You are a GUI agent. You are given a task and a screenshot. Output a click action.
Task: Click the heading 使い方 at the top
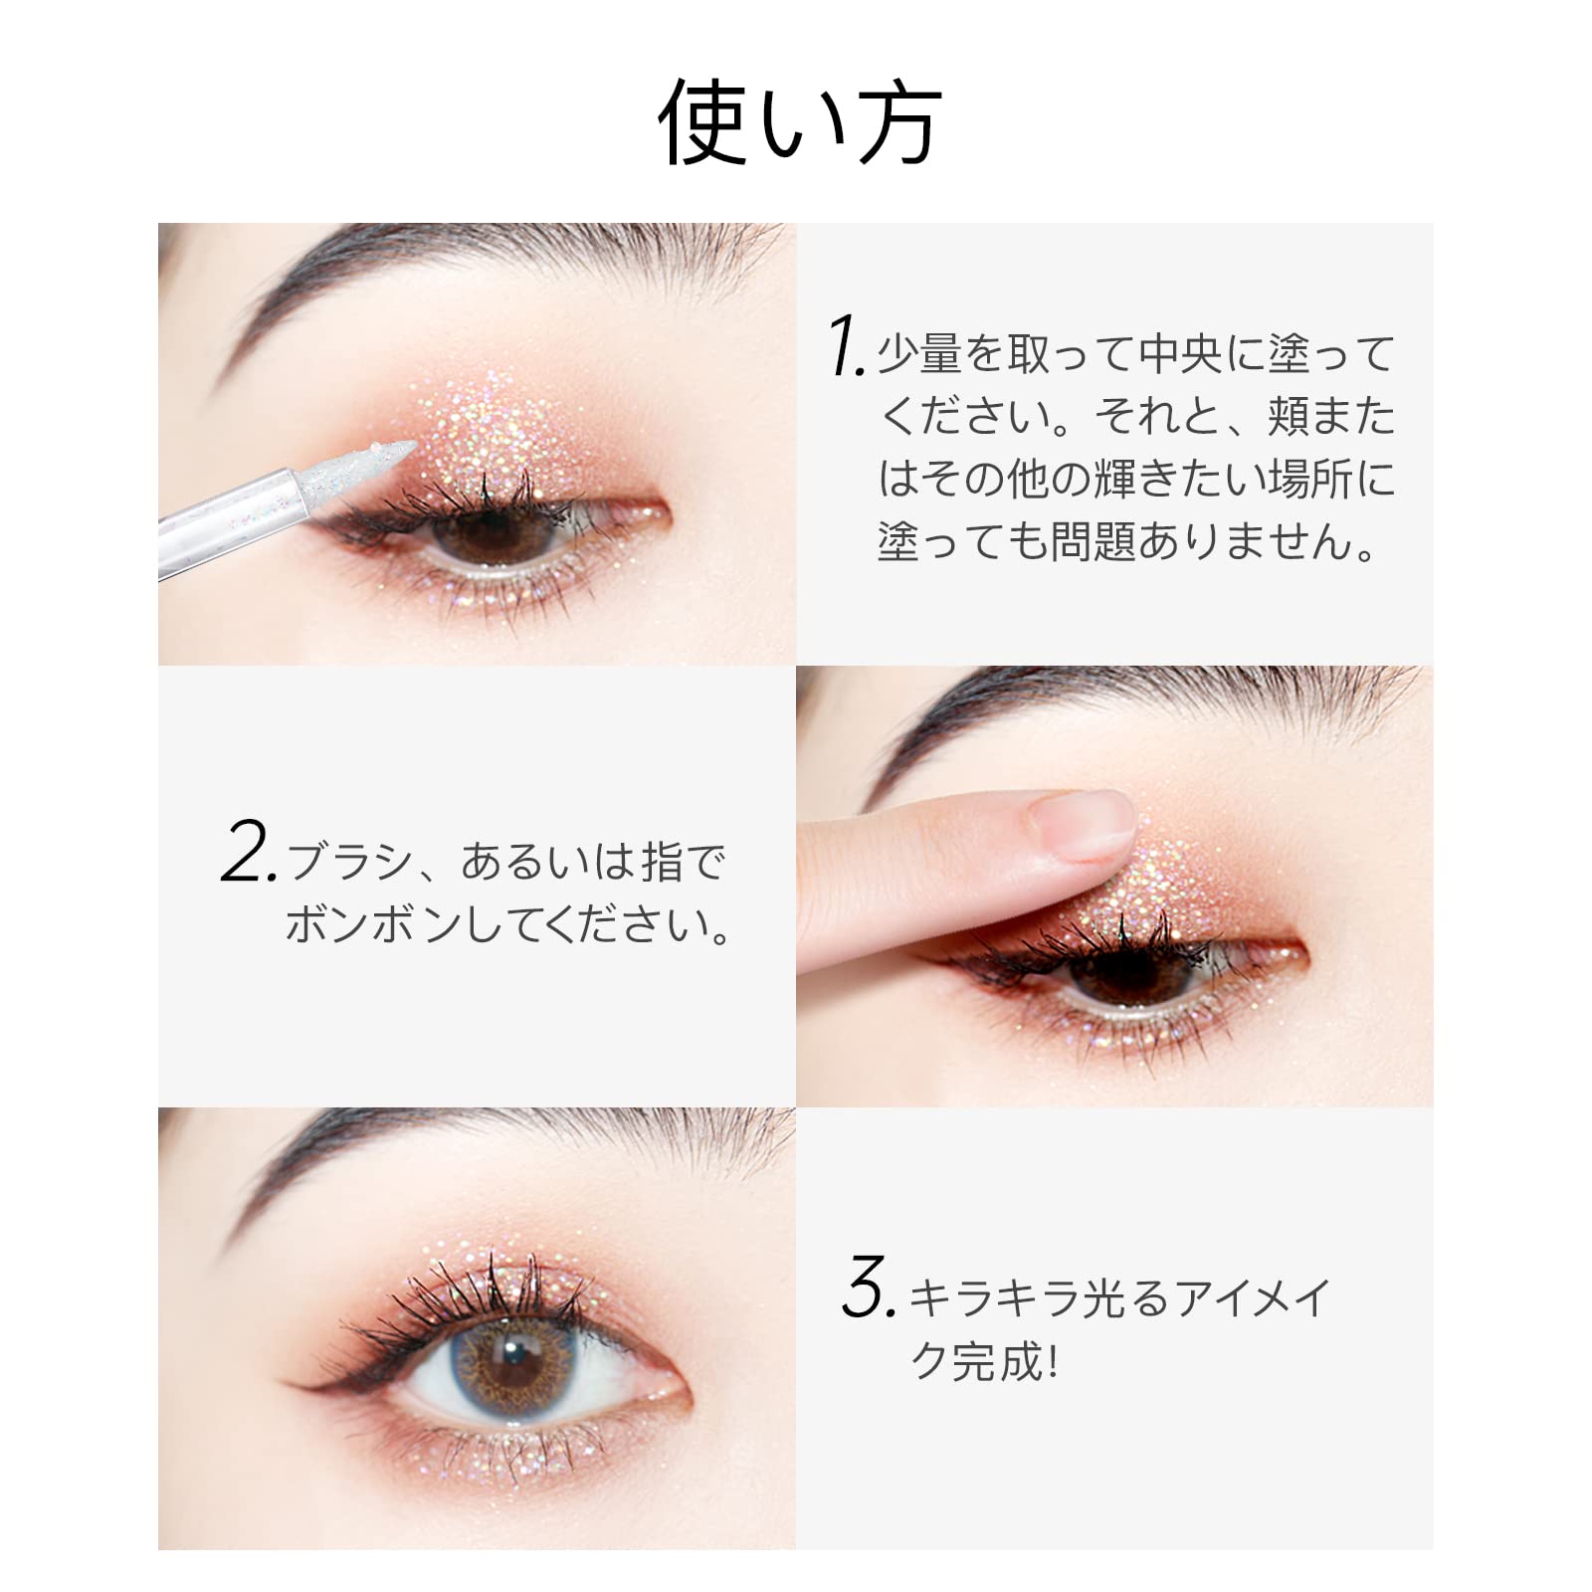800,123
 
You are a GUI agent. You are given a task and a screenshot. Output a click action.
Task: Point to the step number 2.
249,852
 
